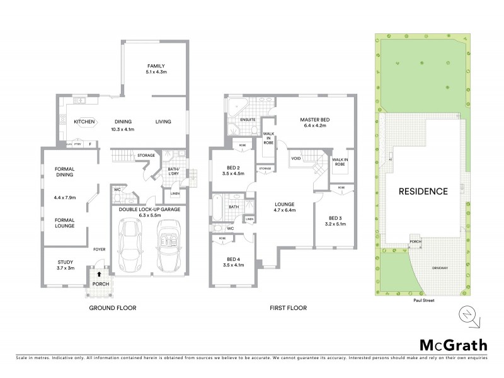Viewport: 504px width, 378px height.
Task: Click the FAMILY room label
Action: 156,66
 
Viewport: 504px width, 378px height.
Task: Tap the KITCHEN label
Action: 84,122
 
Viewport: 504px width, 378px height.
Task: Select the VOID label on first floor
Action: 295,158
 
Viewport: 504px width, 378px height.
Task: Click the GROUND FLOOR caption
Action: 113,308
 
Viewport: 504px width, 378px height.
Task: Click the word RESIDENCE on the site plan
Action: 422,192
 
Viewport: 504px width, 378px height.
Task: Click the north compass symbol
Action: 467,313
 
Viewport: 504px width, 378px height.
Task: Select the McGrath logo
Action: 454,345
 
